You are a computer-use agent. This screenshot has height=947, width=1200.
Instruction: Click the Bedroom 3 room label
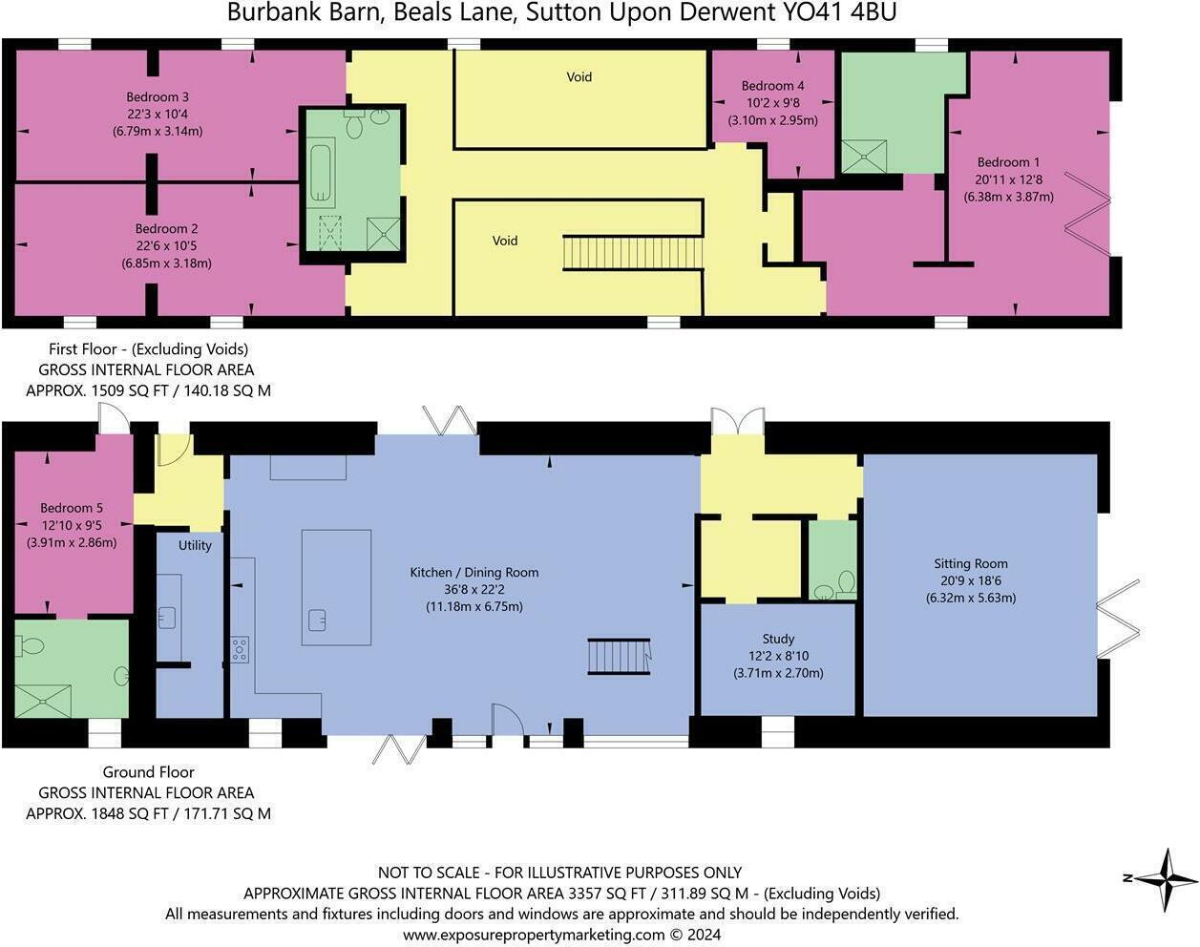pos(158,97)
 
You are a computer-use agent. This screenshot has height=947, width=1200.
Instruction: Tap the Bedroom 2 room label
pos(166,229)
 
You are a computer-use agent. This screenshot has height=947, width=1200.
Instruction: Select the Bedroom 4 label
pos(772,86)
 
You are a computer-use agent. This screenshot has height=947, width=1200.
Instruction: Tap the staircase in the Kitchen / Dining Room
pos(618,656)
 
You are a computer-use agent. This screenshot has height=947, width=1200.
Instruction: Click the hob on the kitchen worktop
pos(240,649)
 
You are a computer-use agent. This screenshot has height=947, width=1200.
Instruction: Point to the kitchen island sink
pos(318,621)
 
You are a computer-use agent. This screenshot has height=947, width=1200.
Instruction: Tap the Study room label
pos(778,639)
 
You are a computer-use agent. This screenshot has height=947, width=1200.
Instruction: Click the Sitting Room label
pos(971,563)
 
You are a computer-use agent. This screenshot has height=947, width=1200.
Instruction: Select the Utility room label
pos(195,544)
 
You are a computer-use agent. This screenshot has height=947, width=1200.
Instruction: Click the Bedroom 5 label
pos(72,508)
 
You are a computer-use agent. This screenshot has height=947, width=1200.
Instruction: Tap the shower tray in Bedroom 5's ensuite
pos(43,701)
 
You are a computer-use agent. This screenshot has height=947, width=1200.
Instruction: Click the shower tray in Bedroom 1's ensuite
pos(864,157)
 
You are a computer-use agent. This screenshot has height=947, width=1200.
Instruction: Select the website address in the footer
pos(561,935)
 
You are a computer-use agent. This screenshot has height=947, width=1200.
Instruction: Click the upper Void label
pos(579,77)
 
